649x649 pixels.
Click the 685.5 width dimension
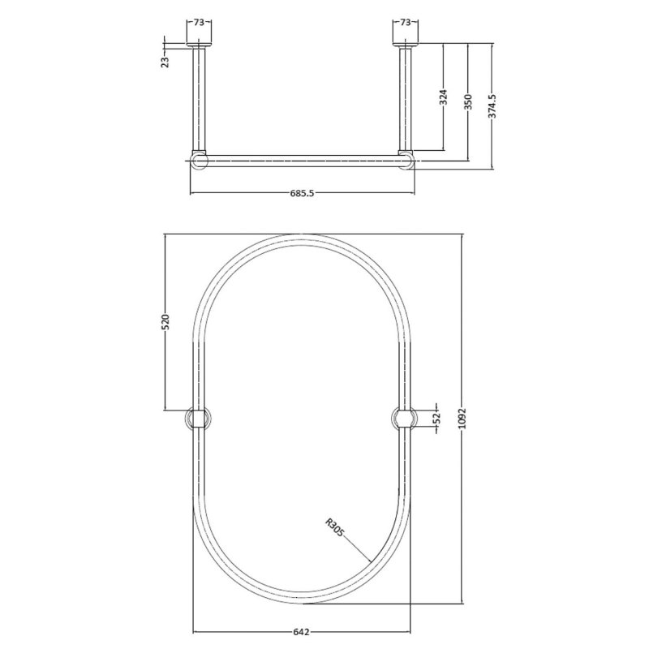[301, 194]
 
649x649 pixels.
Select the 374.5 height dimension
[492, 106]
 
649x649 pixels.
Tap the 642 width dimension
[301, 632]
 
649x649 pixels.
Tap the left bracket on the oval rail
[199, 418]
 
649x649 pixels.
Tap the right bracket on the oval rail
[404, 418]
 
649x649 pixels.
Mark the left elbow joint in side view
[199, 159]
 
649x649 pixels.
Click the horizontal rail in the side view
[301, 159]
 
